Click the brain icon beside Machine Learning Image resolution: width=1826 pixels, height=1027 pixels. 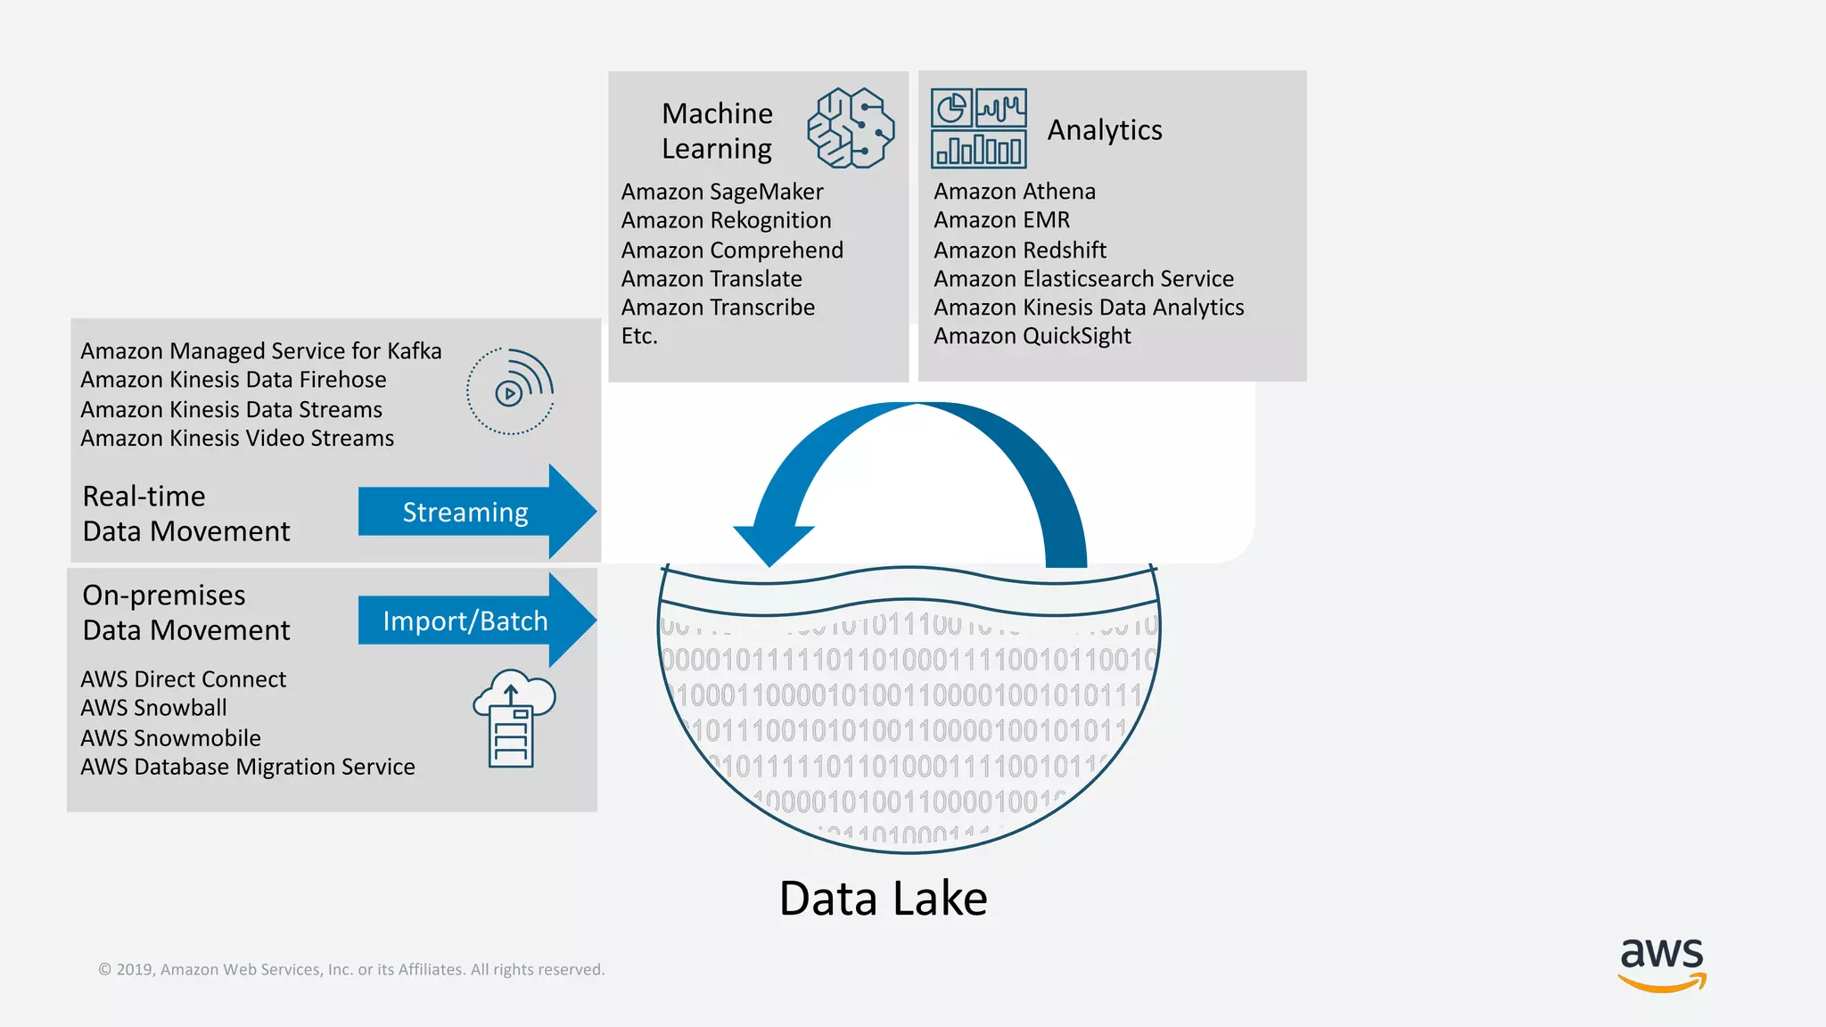pyautogui.click(x=851, y=127)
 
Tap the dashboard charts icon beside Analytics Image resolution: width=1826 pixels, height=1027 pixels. pyautogui.click(x=978, y=128)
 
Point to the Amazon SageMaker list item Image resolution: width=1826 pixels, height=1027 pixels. pyautogui.click(x=722, y=192)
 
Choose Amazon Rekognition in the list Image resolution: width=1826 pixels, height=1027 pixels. pyautogui.click(x=726, y=220)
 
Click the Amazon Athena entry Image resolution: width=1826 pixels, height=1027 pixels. pyautogui.click(x=1015, y=192)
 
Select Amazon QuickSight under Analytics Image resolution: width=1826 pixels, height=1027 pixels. pyautogui.click(x=1032, y=336)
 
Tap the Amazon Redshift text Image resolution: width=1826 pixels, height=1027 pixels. pyautogui.click(x=1020, y=250)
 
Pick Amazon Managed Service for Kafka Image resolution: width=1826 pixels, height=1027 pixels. pyautogui.click(x=261, y=351)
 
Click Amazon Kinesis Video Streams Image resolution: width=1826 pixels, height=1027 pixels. pyautogui.click(x=237, y=439)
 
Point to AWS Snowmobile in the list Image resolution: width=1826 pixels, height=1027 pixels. pyautogui.click(x=171, y=738)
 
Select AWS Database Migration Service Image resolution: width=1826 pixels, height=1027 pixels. pyautogui.click(x=248, y=767)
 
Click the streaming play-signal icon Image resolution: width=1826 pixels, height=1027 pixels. pyautogui.click(x=511, y=391)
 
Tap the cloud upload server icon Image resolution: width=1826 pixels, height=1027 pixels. pyautogui.click(x=514, y=718)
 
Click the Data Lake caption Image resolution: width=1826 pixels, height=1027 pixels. pyautogui.click(x=883, y=898)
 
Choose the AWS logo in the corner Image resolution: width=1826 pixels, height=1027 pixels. pyautogui.click(x=1662, y=964)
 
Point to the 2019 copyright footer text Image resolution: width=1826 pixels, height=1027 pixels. pyautogui.click(x=351, y=969)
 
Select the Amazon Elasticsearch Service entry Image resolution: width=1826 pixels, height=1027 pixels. pyautogui.click(x=1083, y=279)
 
